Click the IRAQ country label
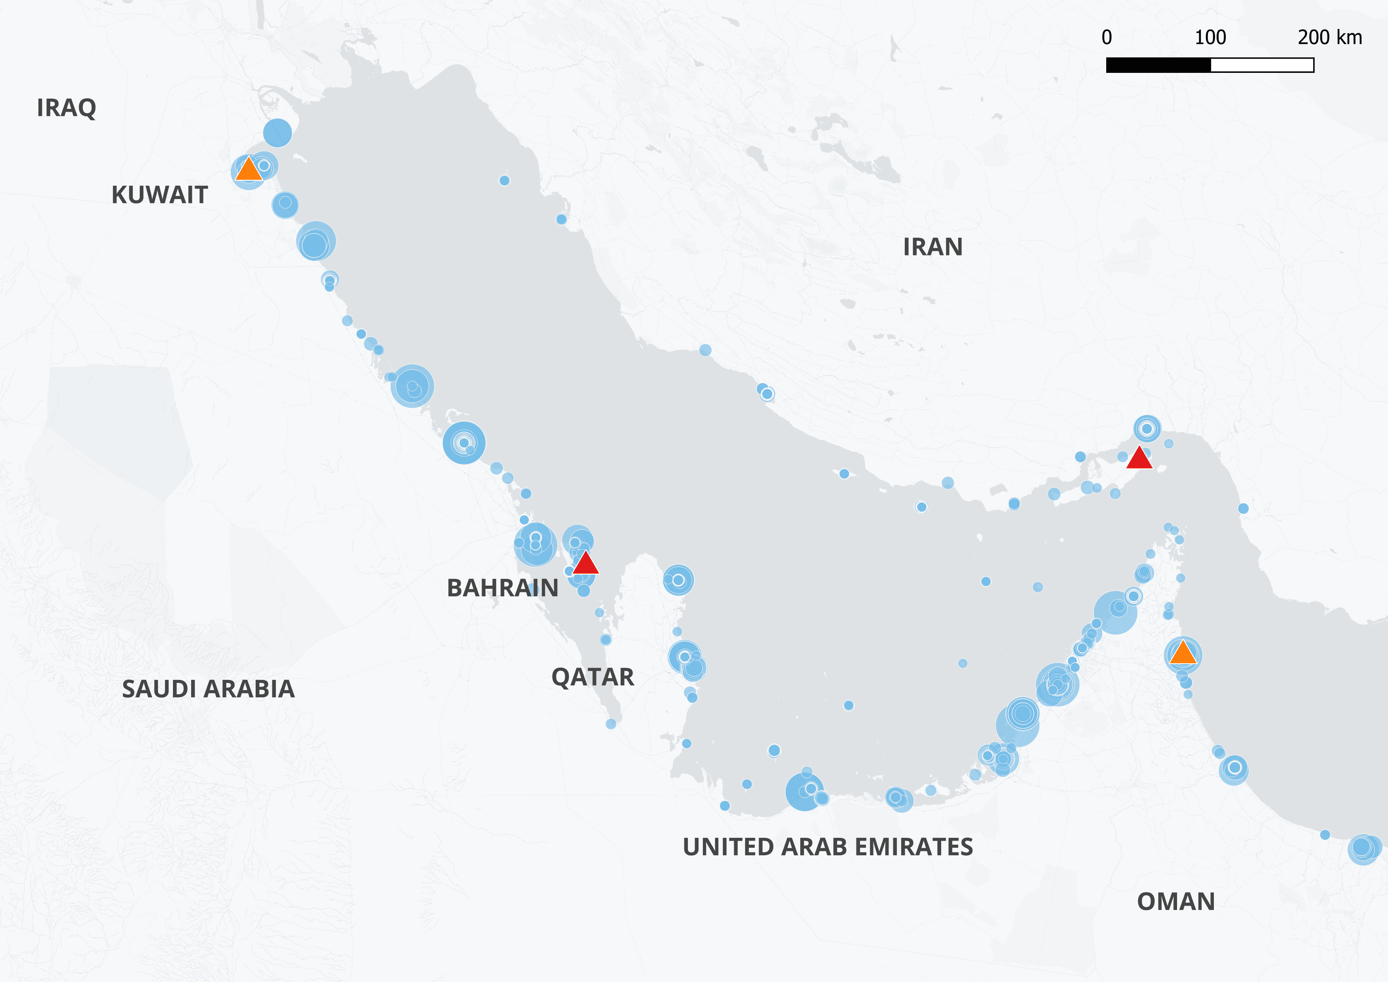pos(66,108)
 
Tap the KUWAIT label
pos(159,195)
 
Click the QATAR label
pos(592,677)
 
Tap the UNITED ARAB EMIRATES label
pos(828,847)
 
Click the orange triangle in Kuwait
pos(249,170)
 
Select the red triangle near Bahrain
pos(585,563)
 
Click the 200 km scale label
pos(1329,38)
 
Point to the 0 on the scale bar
pos(1106,38)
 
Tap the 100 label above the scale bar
pos(1210,38)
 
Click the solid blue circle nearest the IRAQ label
pos(277,133)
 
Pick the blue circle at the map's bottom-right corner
pos(1363,849)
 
